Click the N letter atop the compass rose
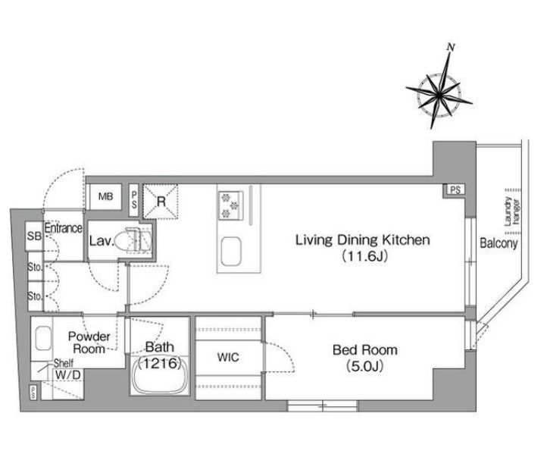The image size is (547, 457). [x=451, y=47]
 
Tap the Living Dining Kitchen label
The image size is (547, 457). [x=363, y=240]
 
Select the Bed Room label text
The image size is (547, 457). [x=365, y=350]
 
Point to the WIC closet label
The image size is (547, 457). [x=228, y=357]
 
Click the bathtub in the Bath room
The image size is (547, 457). [x=160, y=377]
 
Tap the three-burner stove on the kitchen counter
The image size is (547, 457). [x=230, y=205]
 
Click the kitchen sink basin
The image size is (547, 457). [x=230, y=252]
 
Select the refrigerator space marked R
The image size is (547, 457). [x=161, y=202]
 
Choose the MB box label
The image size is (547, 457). [x=106, y=197]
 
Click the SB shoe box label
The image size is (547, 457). [x=34, y=236]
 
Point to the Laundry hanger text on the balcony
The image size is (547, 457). [x=511, y=211]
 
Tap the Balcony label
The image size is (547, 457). [x=499, y=243]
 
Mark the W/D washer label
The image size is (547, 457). [x=68, y=375]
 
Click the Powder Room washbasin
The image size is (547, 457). [x=43, y=338]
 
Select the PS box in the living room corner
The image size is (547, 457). [x=455, y=190]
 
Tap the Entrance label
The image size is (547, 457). [x=64, y=229]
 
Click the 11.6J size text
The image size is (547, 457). [x=364, y=256]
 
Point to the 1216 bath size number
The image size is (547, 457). [x=160, y=364]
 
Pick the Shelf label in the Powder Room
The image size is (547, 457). [x=63, y=363]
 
